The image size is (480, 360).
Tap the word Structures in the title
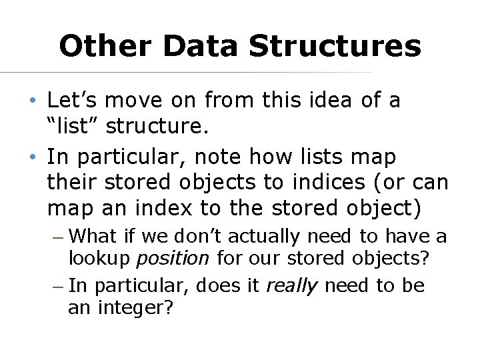[x=335, y=47]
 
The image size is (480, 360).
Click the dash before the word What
[x=57, y=237]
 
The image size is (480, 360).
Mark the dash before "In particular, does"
[x=57, y=287]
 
